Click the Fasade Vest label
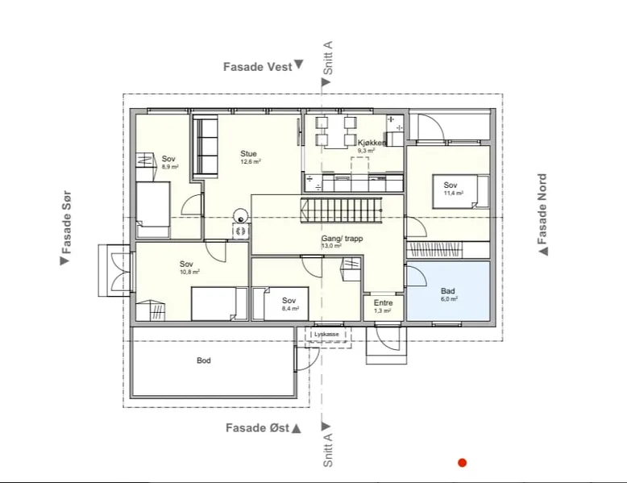(x=258, y=67)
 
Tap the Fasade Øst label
(x=258, y=428)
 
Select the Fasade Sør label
(x=66, y=223)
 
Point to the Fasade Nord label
(x=542, y=209)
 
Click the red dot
(x=463, y=463)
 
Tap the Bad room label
(x=448, y=291)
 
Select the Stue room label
(x=248, y=154)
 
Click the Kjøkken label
(x=372, y=143)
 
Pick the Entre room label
(x=383, y=303)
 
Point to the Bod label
(x=204, y=360)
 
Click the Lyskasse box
(x=328, y=335)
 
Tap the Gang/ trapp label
(x=343, y=239)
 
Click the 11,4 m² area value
(x=454, y=193)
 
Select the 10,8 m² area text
(x=189, y=272)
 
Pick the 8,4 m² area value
(x=290, y=309)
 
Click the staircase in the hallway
(x=341, y=210)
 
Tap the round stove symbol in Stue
(x=241, y=216)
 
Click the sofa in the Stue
(x=206, y=147)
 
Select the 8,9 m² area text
(x=170, y=167)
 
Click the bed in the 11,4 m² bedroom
(x=461, y=192)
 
